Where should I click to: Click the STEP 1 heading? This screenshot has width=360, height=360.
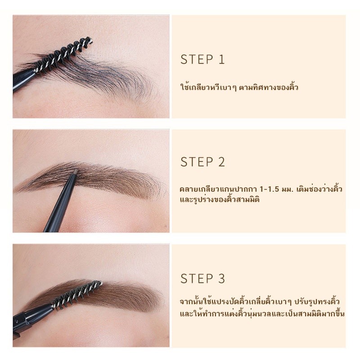(x=202, y=59)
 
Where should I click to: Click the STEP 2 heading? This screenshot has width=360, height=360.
(x=202, y=162)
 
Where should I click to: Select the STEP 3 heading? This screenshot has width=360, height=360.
(x=202, y=279)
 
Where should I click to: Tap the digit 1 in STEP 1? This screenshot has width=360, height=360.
(x=221, y=59)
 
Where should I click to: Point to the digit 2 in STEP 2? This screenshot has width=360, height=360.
(x=221, y=162)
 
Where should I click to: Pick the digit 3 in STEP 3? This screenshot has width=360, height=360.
(x=221, y=279)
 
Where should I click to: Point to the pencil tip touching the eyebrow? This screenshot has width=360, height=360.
(x=75, y=171)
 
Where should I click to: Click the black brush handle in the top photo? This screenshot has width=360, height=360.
(x=24, y=79)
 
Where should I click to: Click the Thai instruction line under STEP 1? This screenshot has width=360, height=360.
(x=239, y=87)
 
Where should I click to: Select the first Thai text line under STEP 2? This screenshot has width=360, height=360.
(x=261, y=189)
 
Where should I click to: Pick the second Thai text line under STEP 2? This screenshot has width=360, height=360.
(x=220, y=199)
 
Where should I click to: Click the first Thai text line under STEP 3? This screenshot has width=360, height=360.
(x=260, y=301)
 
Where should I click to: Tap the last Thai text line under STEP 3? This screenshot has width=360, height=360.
(x=262, y=313)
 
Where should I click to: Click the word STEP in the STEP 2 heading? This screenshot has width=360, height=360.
(x=197, y=162)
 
